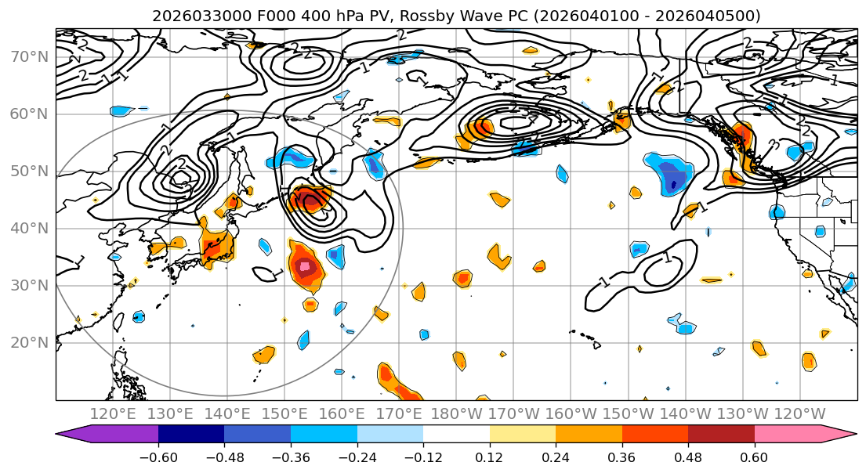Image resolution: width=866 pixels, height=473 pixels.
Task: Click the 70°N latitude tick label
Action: click(x=29, y=56)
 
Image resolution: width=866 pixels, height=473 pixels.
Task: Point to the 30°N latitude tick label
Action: click(x=29, y=285)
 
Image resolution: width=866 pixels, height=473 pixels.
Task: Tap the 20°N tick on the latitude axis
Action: click(x=29, y=342)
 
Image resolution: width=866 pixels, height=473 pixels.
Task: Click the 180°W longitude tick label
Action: click(x=456, y=413)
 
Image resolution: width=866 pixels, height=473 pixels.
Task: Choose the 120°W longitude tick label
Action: click(x=799, y=413)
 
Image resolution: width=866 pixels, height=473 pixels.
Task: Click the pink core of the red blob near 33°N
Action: click(x=303, y=267)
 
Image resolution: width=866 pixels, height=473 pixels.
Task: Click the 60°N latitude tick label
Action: click(x=29, y=114)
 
